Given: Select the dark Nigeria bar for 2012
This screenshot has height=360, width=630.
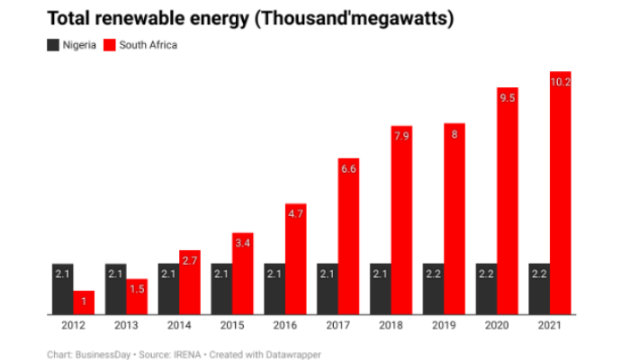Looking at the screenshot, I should [x=62, y=289].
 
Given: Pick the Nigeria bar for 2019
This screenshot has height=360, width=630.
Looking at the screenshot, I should [x=434, y=289].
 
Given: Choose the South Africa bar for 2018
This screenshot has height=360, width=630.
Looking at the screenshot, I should [x=401, y=225].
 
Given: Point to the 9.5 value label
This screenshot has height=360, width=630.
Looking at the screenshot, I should [x=507, y=98].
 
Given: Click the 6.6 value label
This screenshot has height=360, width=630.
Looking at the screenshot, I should [x=348, y=169].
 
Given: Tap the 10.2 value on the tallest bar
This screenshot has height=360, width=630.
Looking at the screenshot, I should [x=561, y=82].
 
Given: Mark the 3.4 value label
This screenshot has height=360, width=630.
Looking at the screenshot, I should [x=242, y=244].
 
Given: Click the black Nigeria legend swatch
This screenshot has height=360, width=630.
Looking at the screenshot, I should [x=52, y=44].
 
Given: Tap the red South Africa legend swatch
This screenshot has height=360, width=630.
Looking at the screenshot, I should [x=112, y=44].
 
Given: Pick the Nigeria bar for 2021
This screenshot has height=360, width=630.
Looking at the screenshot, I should [x=540, y=289].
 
